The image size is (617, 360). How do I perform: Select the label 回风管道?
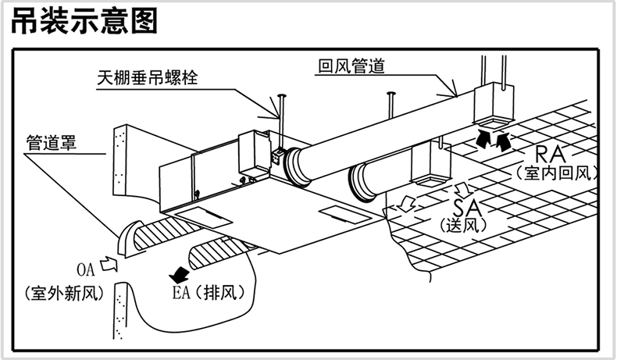pyautogui.click(x=351, y=67)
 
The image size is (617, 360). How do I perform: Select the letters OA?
pyautogui.click(x=86, y=269)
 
